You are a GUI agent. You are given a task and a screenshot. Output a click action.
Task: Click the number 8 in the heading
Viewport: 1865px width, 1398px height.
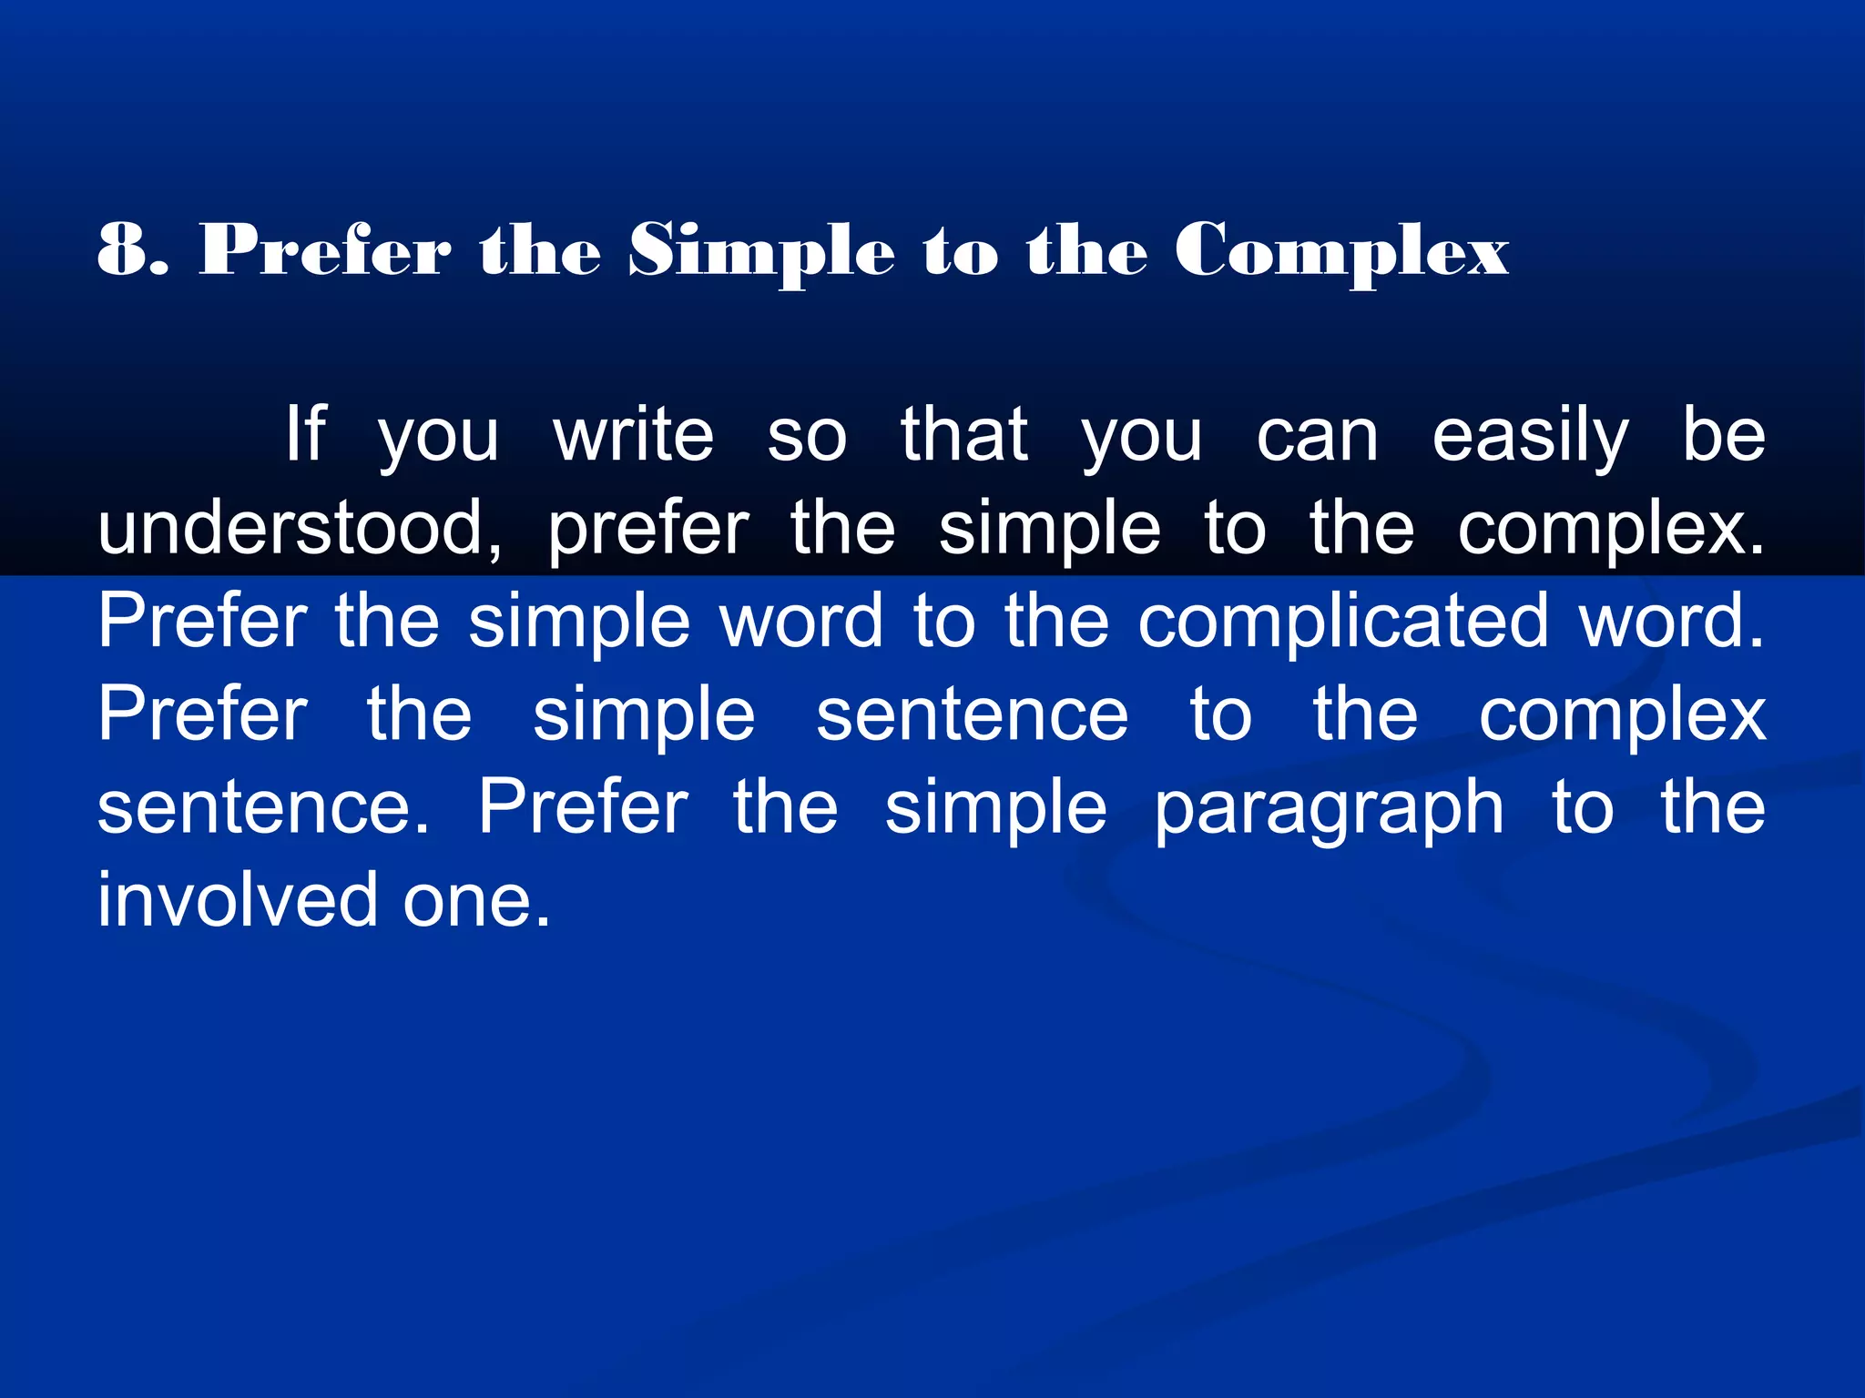click(x=122, y=249)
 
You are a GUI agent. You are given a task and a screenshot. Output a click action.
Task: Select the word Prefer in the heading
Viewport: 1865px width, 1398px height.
click(x=325, y=249)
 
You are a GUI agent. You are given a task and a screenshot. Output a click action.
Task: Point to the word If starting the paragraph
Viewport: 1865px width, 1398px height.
click(x=305, y=434)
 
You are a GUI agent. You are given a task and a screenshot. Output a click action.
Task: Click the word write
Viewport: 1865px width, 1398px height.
click(x=634, y=434)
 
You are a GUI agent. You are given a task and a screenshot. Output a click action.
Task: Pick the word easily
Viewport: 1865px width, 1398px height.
click(x=1530, y=438)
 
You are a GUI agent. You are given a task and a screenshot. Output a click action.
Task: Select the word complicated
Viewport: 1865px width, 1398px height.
click(x=1343, y=623)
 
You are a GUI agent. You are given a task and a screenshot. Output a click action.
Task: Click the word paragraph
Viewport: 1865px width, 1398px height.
click(x=1329, y=809)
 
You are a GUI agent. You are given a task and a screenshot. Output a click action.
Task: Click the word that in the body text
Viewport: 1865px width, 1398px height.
click(x=964, y=434)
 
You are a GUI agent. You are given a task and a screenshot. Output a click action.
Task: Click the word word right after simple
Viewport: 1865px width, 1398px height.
click(x=801, y=621)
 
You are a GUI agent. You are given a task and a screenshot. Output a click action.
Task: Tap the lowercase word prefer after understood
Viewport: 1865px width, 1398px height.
click(x=648, y=530)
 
